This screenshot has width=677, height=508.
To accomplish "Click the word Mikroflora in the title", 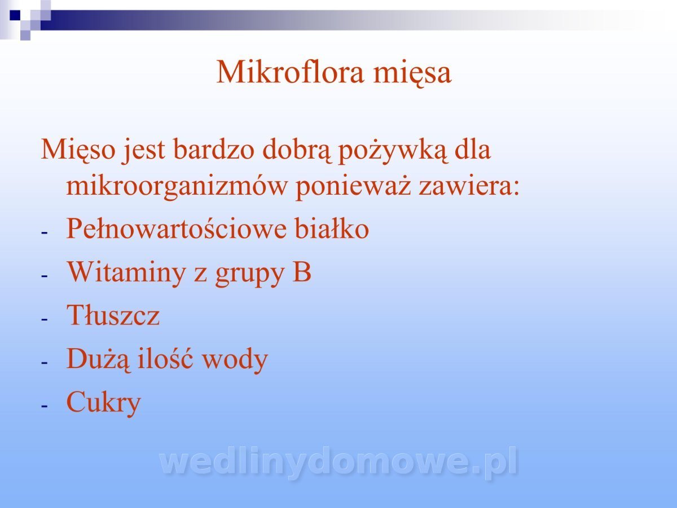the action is click(x=290, y=72).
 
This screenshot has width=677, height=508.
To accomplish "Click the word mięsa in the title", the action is click(x=412, y=74).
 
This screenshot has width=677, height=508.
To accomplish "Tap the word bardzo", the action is click(x=214, y=149).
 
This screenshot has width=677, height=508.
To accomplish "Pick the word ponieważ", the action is click(x=353, y=187).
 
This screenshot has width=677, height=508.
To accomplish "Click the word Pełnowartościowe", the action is click(x=177, y=229).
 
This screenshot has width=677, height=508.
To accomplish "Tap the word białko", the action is click(x=332, y=229).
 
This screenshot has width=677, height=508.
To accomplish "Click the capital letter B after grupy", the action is click(x=302, y=271).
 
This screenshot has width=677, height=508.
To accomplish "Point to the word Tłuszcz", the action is click(x=113, y=314).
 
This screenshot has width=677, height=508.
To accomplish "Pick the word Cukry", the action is click(x=104, y=403).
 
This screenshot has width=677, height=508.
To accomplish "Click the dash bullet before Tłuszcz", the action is click(x=45, y=318).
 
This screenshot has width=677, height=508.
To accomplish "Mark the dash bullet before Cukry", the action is click(x=45, y=406).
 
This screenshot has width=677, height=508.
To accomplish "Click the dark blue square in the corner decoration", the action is click(x=15, y=15).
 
